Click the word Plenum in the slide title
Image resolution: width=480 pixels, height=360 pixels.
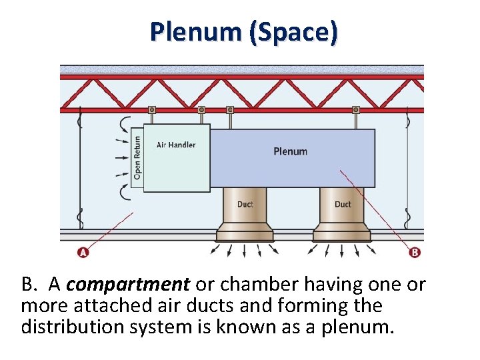coord(196,31)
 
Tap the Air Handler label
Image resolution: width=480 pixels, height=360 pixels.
coord(176,145)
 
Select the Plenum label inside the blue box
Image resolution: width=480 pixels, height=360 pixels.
coord(291,151)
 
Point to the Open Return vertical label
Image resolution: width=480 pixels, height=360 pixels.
coord(137,157)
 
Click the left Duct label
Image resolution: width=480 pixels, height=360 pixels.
coord(245,204)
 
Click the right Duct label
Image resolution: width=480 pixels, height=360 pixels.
coord(343,204)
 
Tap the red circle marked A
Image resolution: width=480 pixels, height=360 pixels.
coord(83,252)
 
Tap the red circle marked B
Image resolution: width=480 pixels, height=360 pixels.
coord(415,252)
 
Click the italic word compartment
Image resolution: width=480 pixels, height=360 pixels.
coord(128,285)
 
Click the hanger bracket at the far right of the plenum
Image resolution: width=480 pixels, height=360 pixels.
coord(356,110)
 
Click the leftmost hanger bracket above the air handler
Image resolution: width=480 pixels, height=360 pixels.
coord(152,110)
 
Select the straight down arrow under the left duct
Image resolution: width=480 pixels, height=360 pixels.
coord(244,251)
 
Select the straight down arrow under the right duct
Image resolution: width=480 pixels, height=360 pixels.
coord(342,251)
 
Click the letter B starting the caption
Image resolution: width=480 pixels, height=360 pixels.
coord(29,285)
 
